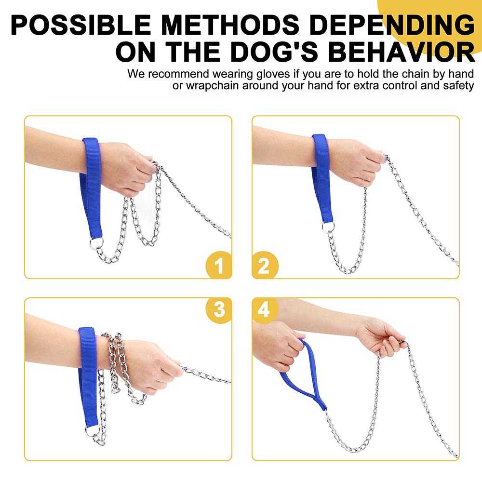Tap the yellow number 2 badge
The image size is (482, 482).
265,265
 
